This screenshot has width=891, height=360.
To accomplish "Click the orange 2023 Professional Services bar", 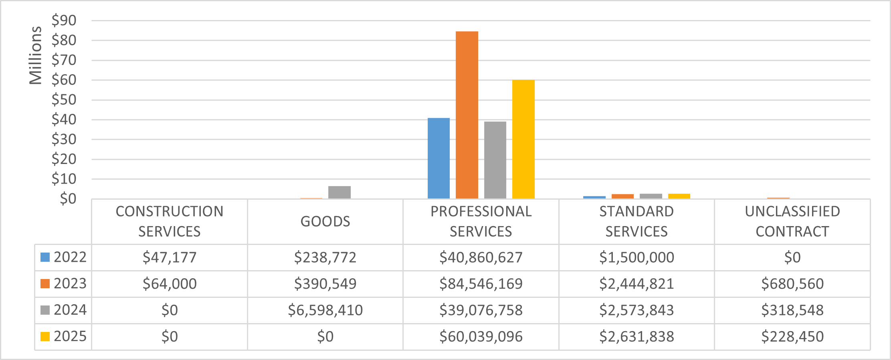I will tap(467, 115).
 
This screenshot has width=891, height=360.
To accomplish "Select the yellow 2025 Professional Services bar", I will tap(523, 139).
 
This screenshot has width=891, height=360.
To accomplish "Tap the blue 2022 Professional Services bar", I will tap(438, 158).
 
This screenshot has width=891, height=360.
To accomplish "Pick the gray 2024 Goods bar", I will tap(339, 192).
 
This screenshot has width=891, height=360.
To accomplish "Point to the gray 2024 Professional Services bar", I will tap(495, 160).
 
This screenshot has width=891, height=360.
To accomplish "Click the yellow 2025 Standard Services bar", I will tap(679, 196).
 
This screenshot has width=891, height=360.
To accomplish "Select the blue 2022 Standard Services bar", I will tap(594, 197).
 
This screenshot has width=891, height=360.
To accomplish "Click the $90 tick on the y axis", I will tap(64, 20).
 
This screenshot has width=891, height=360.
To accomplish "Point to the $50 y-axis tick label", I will tap(64, 100).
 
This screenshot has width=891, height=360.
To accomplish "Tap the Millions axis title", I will tap(35, 55).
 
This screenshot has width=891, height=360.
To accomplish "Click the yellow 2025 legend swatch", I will tap(45, 336).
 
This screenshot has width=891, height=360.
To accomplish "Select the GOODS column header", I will tap(325, 221).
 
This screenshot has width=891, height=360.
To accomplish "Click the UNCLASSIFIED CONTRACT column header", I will tap(792, 221).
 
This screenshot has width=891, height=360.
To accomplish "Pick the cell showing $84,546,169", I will tap(481, 284).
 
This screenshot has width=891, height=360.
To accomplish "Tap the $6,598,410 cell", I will tap(325, 310).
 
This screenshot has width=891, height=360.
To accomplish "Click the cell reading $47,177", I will tap(170, 257).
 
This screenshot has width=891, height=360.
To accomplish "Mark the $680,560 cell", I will tap(792, 284).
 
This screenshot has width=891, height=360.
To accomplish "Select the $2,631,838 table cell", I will tap(636, 337).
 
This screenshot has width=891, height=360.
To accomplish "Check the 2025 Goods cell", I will tap(325, 337).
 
